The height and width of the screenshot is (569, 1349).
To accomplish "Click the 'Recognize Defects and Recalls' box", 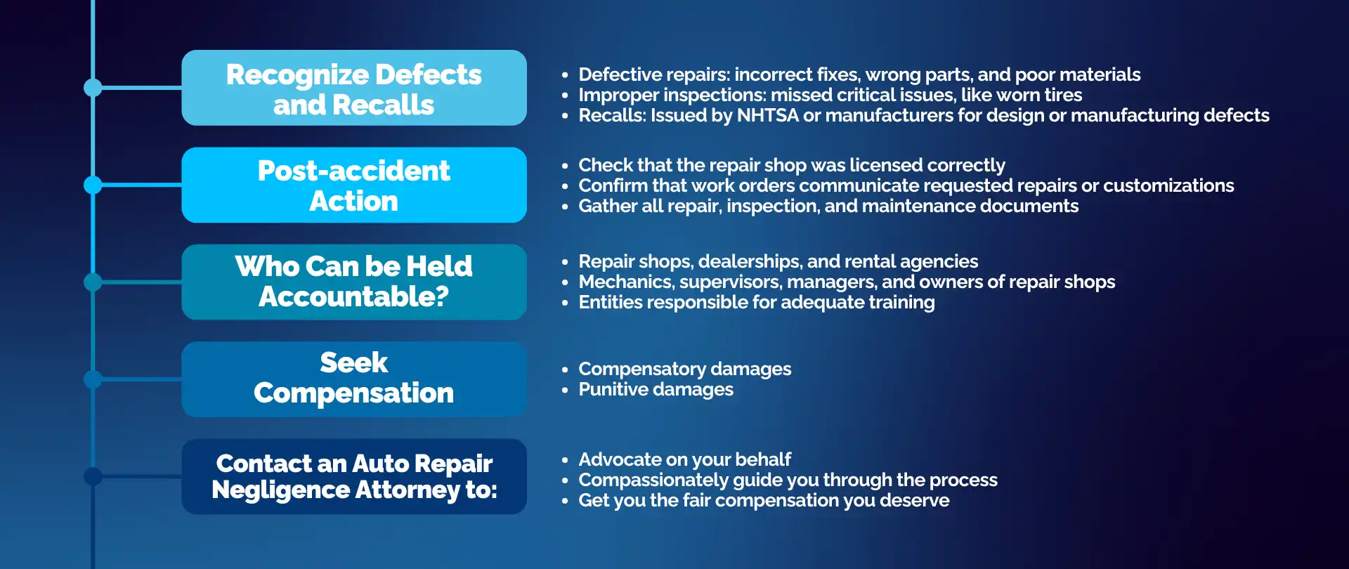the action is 354,88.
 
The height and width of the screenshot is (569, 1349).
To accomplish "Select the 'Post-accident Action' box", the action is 354,185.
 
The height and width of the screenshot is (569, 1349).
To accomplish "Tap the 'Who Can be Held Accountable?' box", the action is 354,282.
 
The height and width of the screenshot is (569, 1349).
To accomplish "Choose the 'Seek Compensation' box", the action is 354,379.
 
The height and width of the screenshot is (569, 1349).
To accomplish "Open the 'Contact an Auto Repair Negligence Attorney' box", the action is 354,476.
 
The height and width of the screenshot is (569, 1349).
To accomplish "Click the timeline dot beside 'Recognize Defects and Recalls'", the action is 93,88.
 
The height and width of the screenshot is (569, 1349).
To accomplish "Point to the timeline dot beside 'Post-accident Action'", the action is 93,185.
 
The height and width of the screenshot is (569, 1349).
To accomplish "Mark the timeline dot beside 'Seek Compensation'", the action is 93,379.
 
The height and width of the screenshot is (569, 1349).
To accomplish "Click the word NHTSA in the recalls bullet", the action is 767,115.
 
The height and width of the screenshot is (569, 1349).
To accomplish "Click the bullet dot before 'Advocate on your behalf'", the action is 565,460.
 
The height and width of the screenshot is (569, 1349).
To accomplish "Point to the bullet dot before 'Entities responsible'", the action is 565,303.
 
